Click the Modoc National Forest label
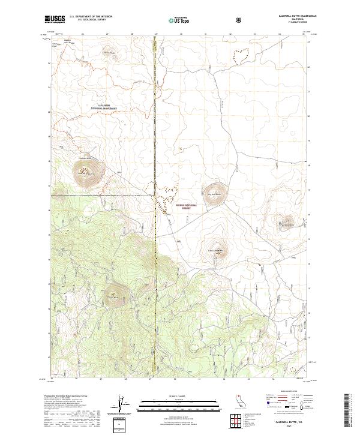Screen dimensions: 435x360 click(x=186, y=206)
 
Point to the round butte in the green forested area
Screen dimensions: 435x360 click(x=113, y=295)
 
